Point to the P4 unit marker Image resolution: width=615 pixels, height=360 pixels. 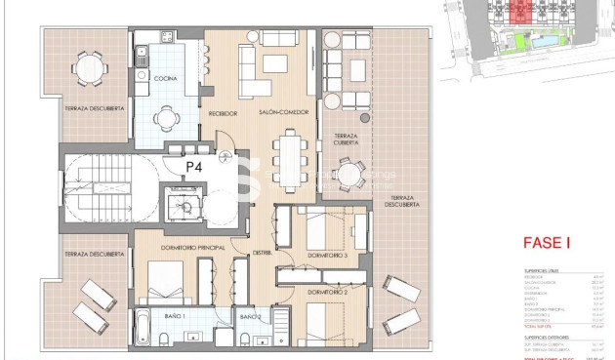coord(194,166)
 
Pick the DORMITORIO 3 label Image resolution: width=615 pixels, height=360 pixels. coord(327,256)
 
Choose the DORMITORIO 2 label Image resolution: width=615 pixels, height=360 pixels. coord(327,292)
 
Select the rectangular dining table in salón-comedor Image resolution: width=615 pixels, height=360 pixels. coord(288,154)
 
